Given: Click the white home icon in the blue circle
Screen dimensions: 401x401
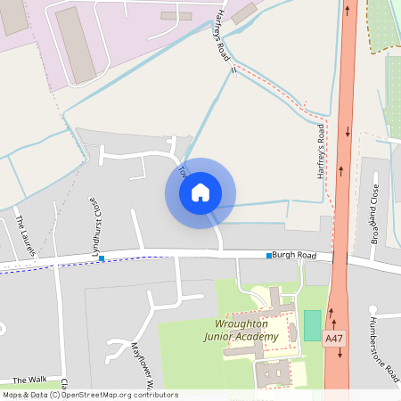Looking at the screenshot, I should point(200,192).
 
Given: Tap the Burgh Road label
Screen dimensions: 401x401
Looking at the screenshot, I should point(295,255).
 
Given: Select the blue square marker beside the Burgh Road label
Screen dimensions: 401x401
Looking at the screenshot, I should point(269,256).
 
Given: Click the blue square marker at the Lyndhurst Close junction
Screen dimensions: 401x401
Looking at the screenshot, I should point(102,258).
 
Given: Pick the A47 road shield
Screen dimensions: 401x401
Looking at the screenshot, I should point(334,339).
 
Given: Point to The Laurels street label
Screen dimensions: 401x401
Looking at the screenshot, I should point(25,235).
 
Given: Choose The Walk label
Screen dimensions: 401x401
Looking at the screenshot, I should point(29,380).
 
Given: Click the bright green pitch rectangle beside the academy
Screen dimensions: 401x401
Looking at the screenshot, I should point(312,324).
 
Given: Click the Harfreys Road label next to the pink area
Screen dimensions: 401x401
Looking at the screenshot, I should point(222,36).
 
